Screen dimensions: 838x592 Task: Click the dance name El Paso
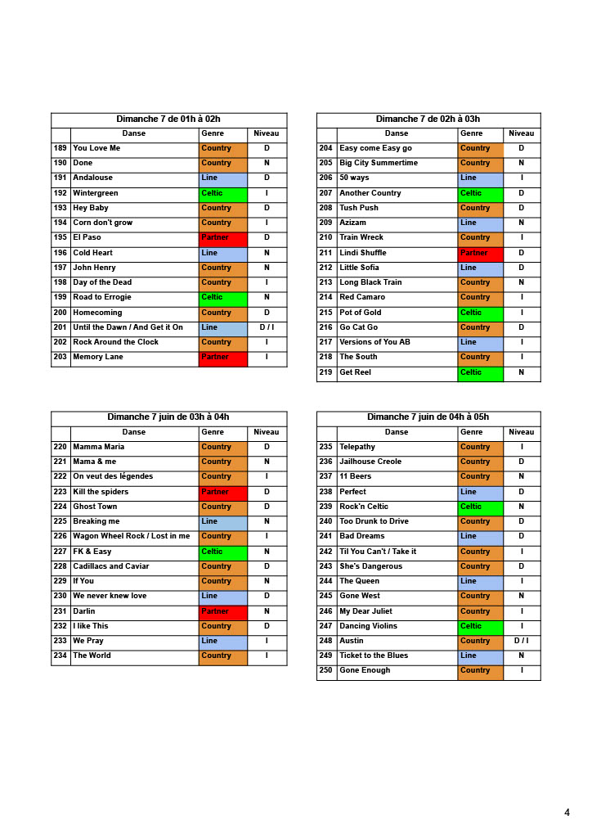pos(87,237)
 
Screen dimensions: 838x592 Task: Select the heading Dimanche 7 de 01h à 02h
pos(168,119)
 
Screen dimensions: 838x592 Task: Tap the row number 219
pos(325,372)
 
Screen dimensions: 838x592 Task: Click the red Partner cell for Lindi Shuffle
pos(480,253)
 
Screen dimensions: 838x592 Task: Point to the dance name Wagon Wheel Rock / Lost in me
pos(131,536)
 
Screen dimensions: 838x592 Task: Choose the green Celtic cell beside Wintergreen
pos(222,193)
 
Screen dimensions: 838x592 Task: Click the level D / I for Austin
pos(521,641)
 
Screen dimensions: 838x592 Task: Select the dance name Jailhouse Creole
pos(370,462)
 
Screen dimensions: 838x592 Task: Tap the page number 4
pos(567,813)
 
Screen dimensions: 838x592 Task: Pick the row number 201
pos(60,327)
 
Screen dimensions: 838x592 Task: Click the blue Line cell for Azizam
pos(480,223)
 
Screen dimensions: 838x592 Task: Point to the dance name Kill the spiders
pos(101,492)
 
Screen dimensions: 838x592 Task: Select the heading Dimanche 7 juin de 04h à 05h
pos(428,417)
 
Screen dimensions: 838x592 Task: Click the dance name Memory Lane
pos(97,357)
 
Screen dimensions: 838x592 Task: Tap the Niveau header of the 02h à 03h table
pos(521,133)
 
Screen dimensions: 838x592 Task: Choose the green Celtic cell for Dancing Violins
pos(480,626)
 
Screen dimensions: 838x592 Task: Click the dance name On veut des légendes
pos(113,476)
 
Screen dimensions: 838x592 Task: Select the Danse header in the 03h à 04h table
pos(134,432)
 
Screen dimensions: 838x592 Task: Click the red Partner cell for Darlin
pos(222,611)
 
